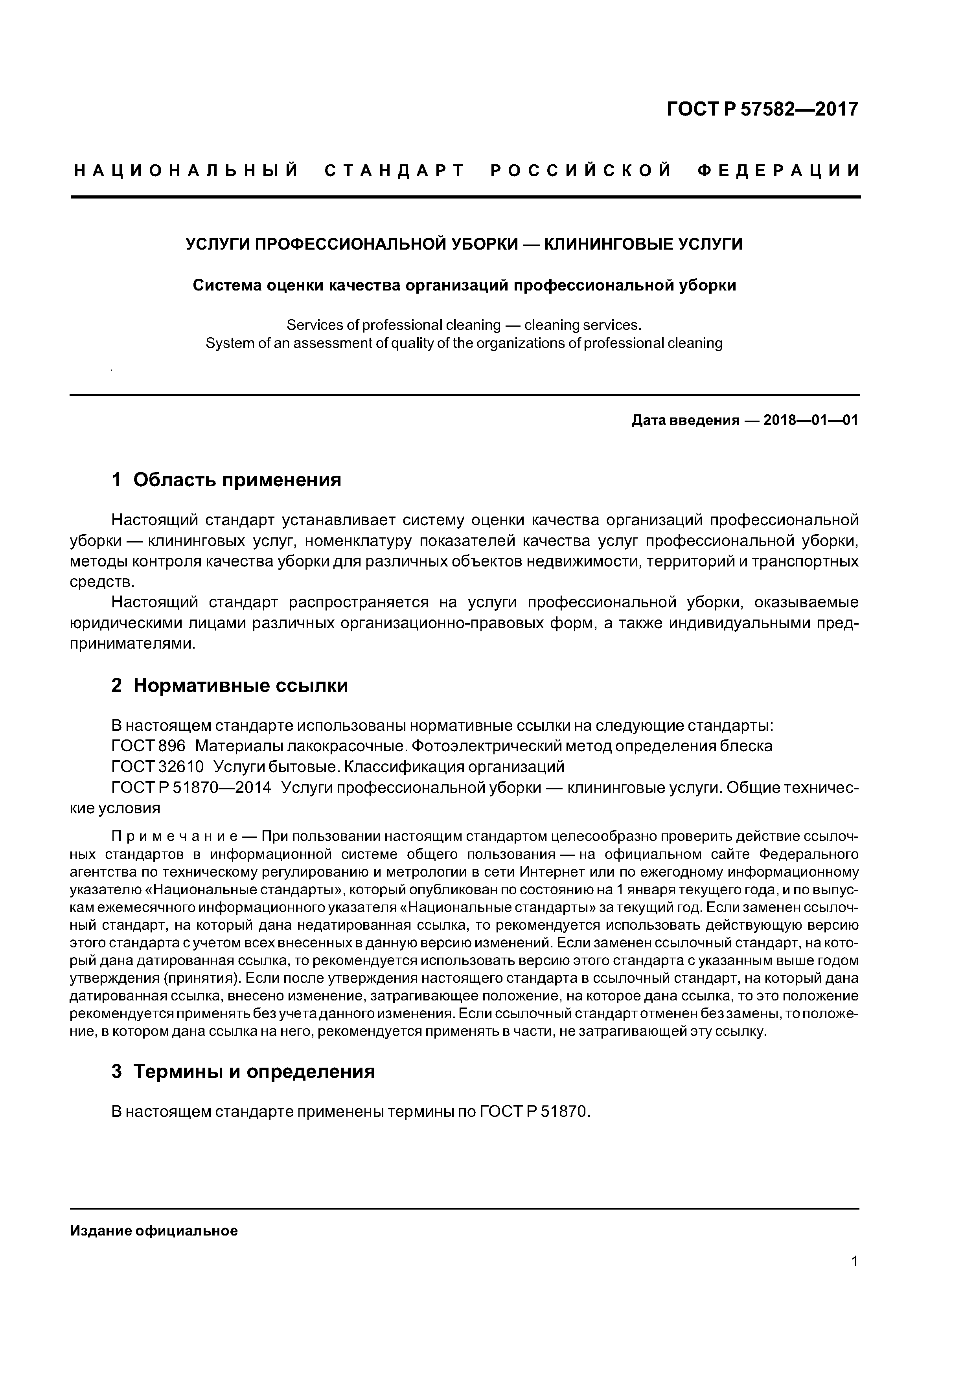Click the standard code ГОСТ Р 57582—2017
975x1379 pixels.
coord(762,109)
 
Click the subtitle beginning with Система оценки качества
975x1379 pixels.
coord(464,285)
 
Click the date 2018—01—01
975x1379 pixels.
coord(810,421)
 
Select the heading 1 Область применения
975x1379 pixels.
coord(226,480)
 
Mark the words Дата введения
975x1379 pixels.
coord(685,421)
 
